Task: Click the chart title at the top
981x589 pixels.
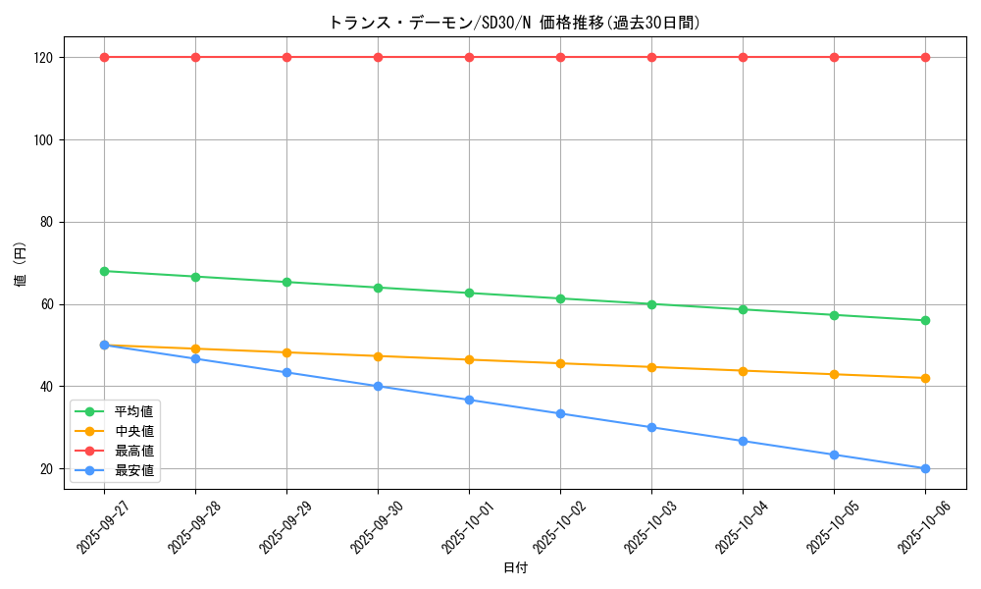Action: coord(514,23)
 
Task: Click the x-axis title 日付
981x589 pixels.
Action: coord(515,568)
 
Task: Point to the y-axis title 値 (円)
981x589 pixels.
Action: coord(21,264)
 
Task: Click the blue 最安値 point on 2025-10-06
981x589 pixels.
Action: coord(925,468)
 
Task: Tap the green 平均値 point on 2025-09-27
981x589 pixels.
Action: coord(104,271)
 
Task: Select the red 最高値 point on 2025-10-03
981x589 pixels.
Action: coord(651,57)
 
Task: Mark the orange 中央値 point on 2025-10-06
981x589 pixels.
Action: coord(925,378)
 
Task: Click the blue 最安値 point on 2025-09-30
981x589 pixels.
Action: coord(378,386)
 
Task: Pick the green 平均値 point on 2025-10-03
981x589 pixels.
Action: coord(651,304)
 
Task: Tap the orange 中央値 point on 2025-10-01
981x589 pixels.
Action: coord(469,359)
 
